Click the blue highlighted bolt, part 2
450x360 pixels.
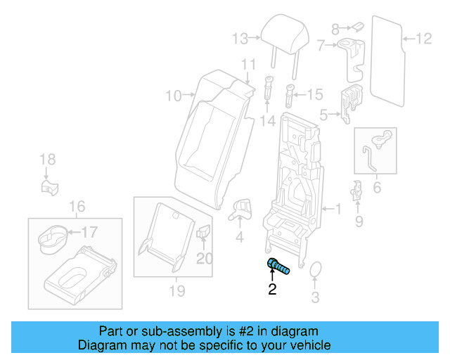(277, 267)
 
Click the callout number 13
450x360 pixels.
(240, 38)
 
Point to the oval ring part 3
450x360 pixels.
(315, 272)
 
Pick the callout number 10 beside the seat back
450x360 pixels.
(173, 94)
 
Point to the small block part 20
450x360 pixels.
(204, 233)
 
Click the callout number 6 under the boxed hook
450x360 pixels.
(375, 188)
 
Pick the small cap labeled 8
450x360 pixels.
(357, 27)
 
